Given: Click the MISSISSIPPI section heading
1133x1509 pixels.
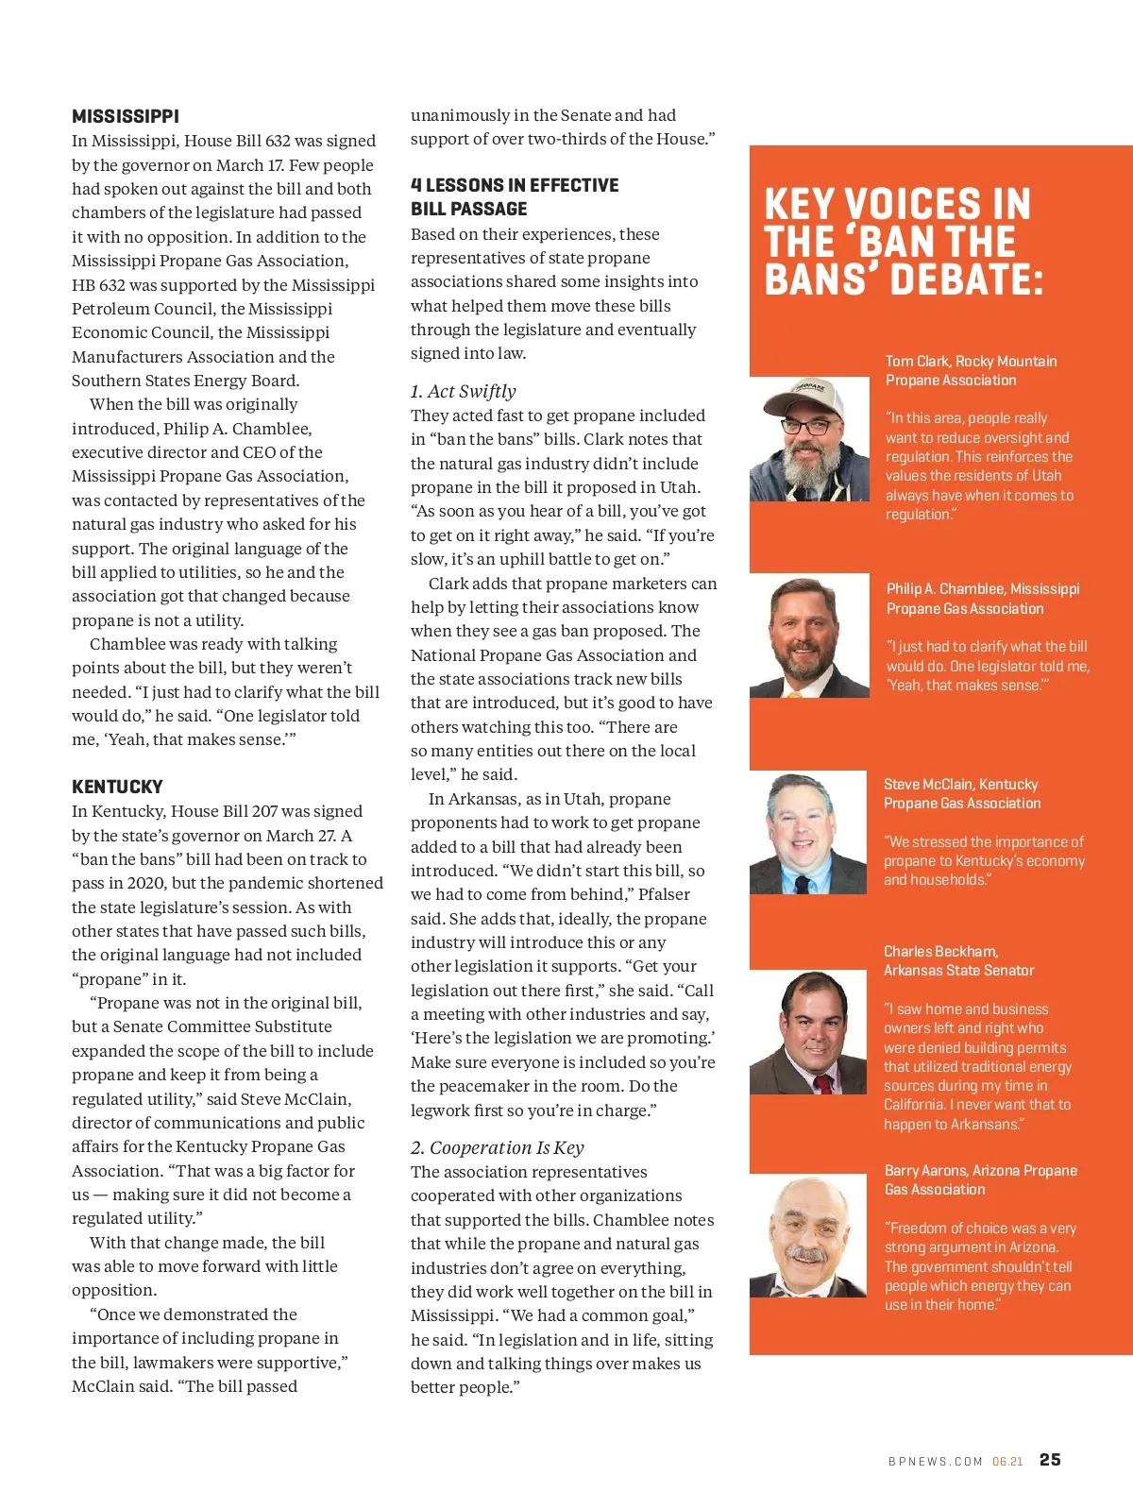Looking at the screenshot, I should coord(126,116).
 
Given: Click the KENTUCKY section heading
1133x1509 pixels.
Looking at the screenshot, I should coord(117,787).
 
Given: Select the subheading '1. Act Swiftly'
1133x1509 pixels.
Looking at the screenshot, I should coord(463,391).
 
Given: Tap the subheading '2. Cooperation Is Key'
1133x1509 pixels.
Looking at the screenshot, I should coord(497,1147).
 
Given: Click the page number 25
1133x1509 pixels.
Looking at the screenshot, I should coord(1050,1460).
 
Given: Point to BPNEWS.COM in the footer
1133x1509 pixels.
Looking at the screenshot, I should coord(935,1461).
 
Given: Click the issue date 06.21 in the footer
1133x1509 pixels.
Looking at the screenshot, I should coord(1007,1461).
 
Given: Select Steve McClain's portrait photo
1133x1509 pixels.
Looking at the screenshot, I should coord(808,833).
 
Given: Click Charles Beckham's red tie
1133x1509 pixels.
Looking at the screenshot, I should coord(822,1083).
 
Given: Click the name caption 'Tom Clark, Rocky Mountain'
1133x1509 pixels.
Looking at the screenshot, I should coord(971,361).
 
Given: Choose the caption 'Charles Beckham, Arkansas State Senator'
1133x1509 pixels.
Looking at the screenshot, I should coord(958,960).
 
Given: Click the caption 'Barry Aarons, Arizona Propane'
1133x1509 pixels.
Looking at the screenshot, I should coord(980,1170).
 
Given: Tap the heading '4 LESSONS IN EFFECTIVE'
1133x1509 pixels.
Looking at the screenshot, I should coord(515,185).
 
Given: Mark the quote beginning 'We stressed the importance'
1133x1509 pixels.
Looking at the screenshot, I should coord(984,860).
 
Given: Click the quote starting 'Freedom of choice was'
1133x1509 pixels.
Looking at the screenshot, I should coord(979,1265).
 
